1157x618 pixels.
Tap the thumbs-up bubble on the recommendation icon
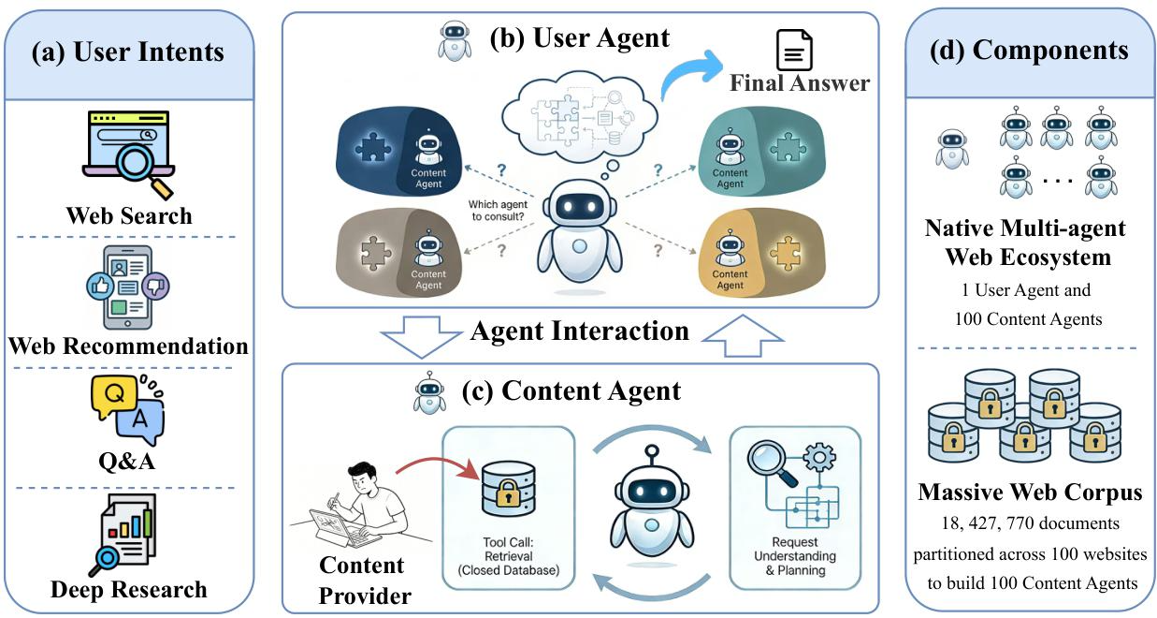(100, 286)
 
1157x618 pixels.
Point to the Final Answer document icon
(794, 51)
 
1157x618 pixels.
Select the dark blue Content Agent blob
(398, 151)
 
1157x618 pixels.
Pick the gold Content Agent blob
(762, 253)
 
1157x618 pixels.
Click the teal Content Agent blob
(762, 151)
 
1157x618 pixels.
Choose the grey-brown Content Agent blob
(398, 253)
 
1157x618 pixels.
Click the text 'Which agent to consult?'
(498, 211)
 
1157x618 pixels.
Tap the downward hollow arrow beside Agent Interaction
(421, 337)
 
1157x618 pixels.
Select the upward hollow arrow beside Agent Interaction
(743, 335)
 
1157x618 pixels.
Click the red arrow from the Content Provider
(438, 466)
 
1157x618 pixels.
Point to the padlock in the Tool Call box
(508, 493)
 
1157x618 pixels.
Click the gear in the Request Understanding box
(819, 458)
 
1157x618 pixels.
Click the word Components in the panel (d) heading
(1050, 51)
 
